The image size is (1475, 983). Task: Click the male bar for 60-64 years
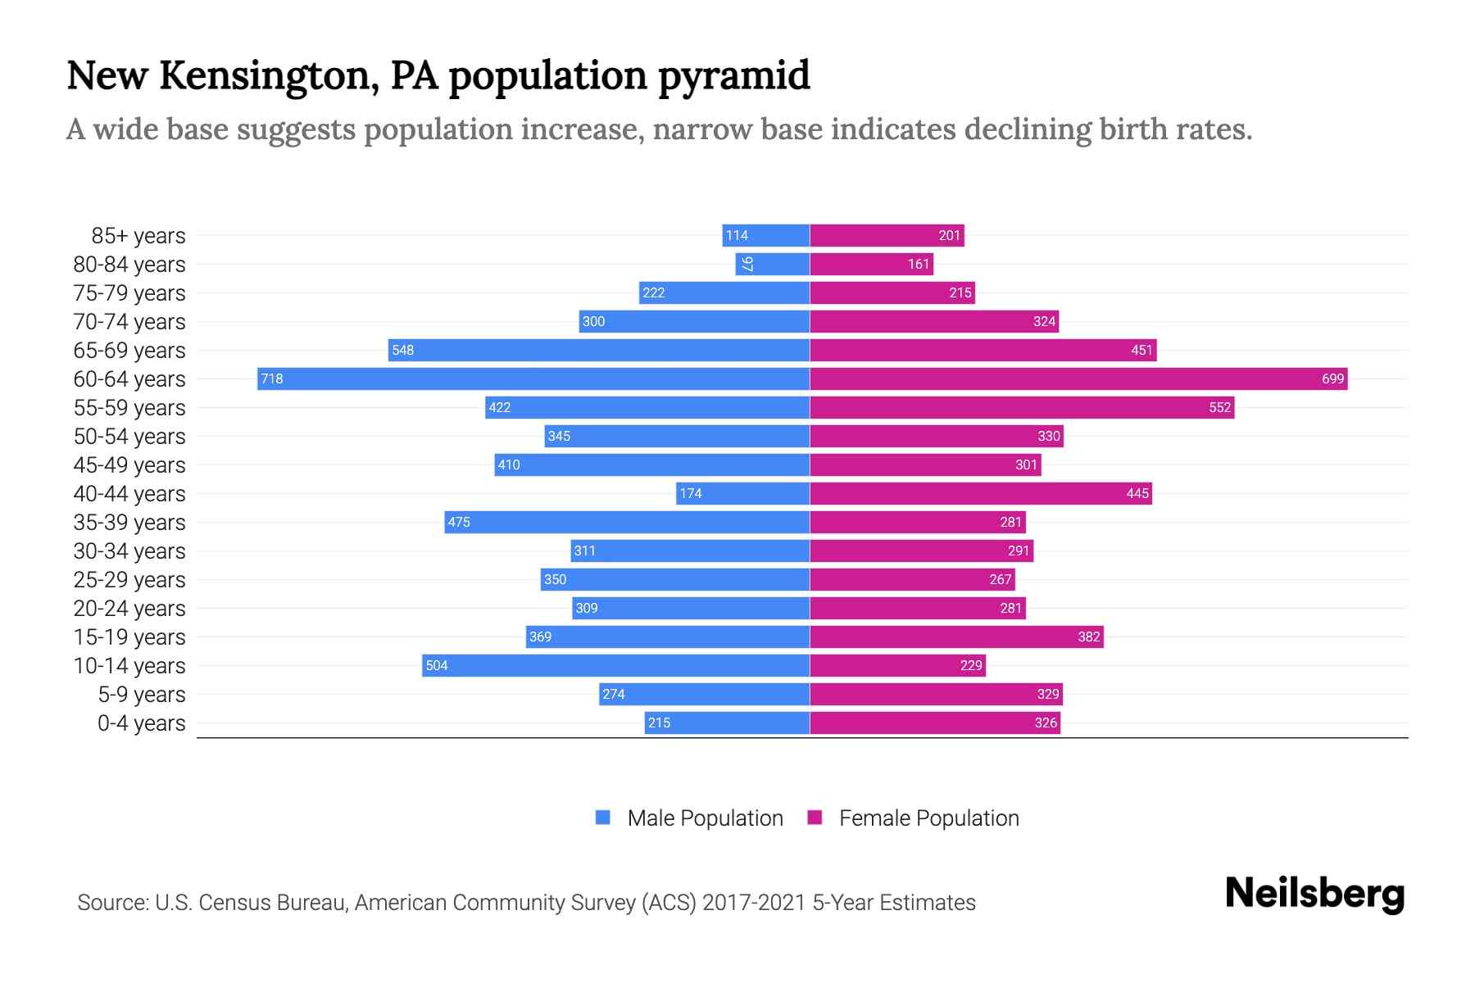coord(533,378)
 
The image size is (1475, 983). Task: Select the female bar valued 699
coord(1078,378)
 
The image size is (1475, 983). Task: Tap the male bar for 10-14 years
coord(615,665)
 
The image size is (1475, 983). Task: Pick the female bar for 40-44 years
coord(981,493)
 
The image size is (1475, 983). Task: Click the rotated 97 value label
coord(747,264)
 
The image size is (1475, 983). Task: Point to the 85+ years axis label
coord(138,236)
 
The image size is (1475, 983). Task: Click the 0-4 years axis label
coord(141,723)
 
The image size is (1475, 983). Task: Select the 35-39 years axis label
coord(129,523)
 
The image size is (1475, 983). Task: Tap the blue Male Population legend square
coord(603,818)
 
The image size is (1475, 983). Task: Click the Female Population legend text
coord(928,818)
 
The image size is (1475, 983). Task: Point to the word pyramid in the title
coord(733,76)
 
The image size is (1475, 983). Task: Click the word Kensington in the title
coord(269,76)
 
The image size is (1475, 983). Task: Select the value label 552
coord(1219,407)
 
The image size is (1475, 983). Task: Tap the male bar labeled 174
coord(742,493)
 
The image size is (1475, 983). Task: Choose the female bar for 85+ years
coord(887,235)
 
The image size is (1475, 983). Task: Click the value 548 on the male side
coord(402,350)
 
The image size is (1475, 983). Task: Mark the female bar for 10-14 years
coord(897,665)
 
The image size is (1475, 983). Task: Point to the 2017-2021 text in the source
coord(754,903)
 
